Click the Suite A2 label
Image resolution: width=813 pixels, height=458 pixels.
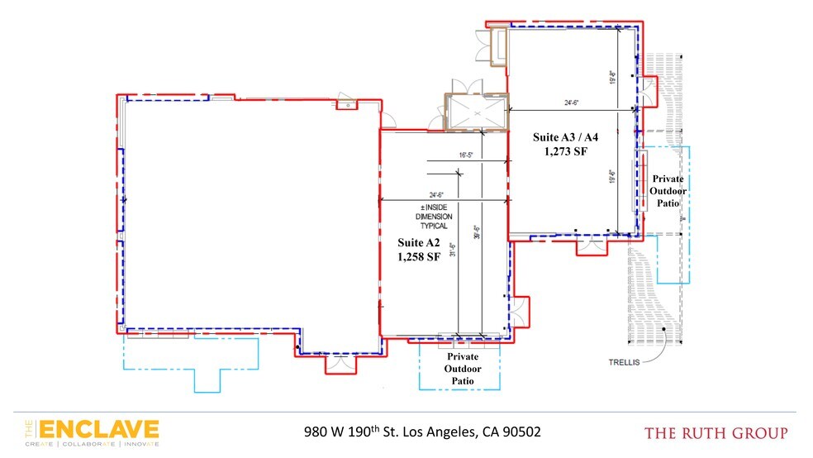(418, 242)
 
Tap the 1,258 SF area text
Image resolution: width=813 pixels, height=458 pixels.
(418, 256)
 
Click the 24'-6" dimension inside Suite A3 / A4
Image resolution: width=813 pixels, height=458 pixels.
(573, 104)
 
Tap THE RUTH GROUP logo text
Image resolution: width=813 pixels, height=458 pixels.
(716, 432)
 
